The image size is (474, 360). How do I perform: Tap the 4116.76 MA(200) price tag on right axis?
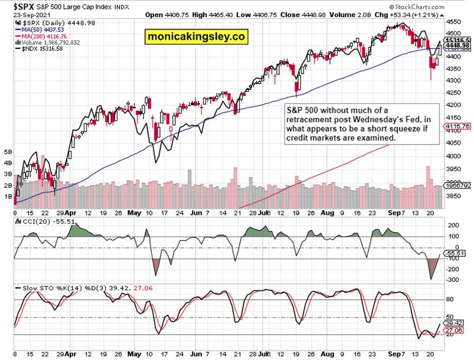coord(460,126)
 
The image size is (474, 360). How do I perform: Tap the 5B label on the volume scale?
coord(8,152)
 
